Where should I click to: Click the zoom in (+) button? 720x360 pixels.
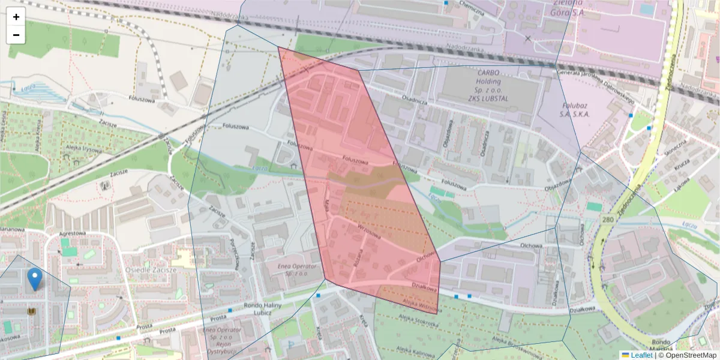click(16, 17)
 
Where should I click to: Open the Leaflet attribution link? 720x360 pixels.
click(637, 355)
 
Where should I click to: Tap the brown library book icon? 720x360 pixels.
click(32, 312)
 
